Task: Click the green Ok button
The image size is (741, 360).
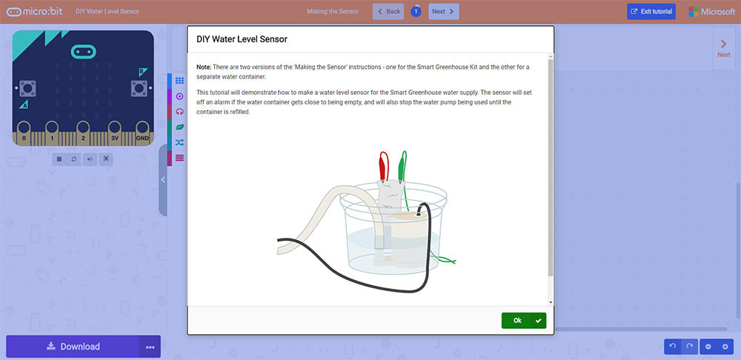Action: click(x=523, y=320)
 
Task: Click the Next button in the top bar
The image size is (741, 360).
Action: click(x=443, y=12)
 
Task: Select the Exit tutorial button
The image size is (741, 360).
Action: click(x=651, y=12)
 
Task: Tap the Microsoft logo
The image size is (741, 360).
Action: click(x=712, y=12)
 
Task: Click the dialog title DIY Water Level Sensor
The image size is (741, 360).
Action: click(x=242, y=39)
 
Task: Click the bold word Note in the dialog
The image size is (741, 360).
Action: click(x=204, y=67)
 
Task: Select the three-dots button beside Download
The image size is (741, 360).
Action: click(x=150, y=347)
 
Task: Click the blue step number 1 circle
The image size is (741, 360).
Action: click(x=416, y=12)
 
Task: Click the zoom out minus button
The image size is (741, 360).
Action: click(x=708, y=346)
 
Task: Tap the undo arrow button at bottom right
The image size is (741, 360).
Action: click(x=672, y=346)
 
